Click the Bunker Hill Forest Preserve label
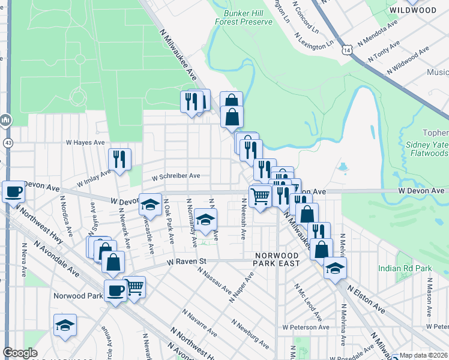coord(247,17)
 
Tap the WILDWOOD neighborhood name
coord(412,10)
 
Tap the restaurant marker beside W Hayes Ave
coord(119,160)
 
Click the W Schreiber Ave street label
coord(175,177)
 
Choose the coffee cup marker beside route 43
coord(13,192)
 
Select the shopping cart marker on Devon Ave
coord(260,196)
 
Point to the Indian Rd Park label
coord(406,269)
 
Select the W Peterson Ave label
coord(306,327)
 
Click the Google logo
coord(20,353)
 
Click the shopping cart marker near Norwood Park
coord(134,286)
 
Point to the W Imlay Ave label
coord(94,178)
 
